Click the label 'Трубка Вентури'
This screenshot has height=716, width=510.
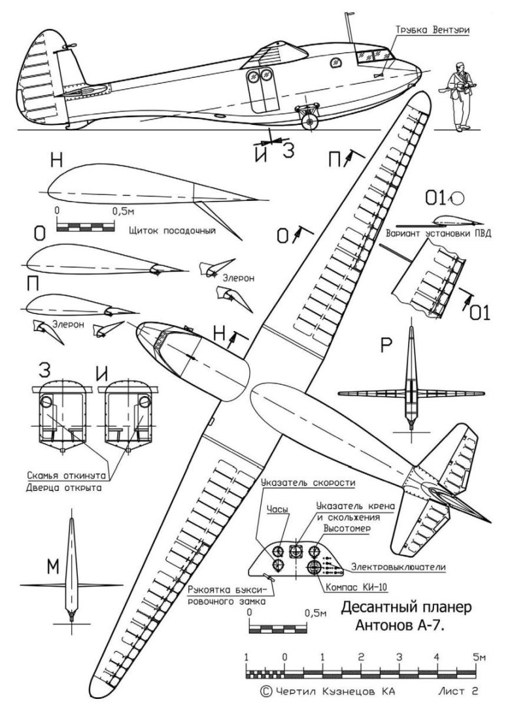[432, 30]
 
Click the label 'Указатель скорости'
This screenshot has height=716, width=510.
[307, 483]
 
